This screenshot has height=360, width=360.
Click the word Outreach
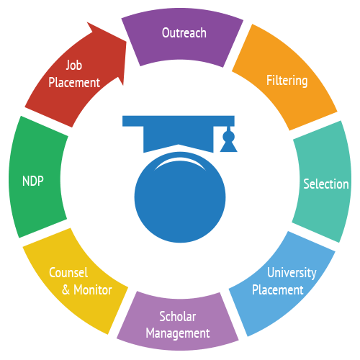[x=184, y=32]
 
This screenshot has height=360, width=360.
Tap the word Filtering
[x=287, y=81]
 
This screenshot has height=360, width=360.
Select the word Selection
[x=326, y=184]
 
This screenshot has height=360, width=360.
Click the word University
[x=292, y=273]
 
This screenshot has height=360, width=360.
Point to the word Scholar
[x=178, y=316]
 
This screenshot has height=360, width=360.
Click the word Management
[x=178, y=333]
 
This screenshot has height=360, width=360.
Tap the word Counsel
[x=68, y=273]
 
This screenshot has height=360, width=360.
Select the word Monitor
[x=93, y=290]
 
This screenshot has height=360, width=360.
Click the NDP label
[x=33, y=181]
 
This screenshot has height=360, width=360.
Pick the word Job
[x=74, y=66]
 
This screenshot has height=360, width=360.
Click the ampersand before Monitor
[x=66, y=290]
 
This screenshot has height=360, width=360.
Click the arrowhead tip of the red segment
[x=127, y=42]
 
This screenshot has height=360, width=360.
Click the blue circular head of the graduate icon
[x=180, y=197]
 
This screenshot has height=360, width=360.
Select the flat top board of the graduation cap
[x=179, y=121]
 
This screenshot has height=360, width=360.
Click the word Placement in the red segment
[x=74, y=83]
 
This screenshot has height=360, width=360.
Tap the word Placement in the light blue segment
[x=278, y=290]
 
